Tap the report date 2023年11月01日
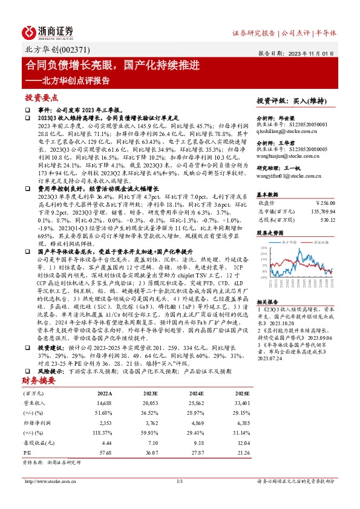pos(317,54)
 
